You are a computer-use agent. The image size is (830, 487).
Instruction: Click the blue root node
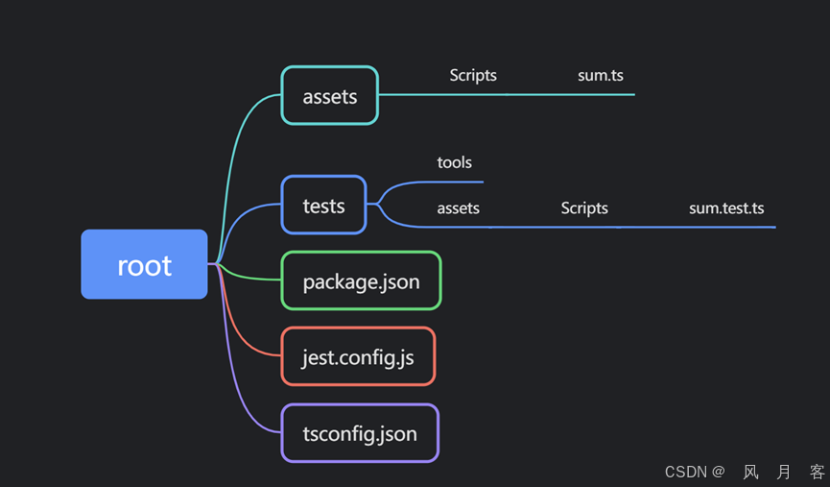point(144,264)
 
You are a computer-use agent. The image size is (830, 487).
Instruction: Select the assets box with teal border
point(329,95)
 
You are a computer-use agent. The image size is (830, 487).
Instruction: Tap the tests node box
point(323,205)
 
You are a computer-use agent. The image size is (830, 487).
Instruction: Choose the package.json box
point(361,280)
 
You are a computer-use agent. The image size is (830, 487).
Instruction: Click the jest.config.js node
point(358,356)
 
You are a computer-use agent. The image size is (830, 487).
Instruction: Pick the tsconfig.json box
point(360,433)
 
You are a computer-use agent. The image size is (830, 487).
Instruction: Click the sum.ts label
point(601,75)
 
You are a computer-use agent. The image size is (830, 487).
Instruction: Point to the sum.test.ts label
point(726,207)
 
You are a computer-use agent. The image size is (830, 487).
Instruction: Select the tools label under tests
point(454,162)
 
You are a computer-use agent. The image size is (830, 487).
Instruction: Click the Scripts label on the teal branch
point(473,75)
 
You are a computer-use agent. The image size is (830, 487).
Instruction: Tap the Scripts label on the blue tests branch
point(584,207)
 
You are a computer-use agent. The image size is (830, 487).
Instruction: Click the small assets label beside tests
point(458,207)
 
